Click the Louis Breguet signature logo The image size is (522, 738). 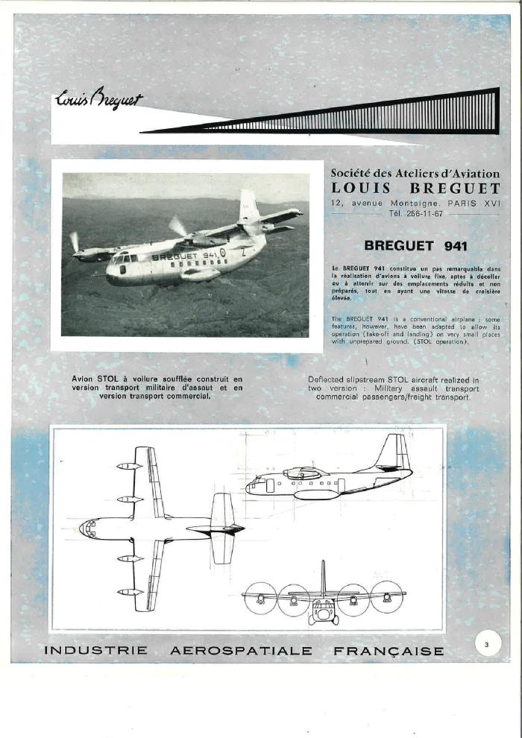click(x=98, y=100)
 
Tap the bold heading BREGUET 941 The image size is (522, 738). click(x=415, y=245)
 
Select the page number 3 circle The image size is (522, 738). click(x=486, y=645)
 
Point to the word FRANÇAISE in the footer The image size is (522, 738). click(x=389, y=651)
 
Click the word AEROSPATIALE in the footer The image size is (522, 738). click(x=241, y=651)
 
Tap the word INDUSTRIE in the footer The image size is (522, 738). click(x=95, y=651)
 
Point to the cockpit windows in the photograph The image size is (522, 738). click(x=124, y=258)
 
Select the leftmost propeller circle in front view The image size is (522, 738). click(x=260, y=598)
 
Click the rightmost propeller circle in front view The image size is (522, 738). click(x=387, y=596)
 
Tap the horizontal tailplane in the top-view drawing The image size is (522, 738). click(x=222, y=528)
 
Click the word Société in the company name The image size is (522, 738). click(x=351, y=174)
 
